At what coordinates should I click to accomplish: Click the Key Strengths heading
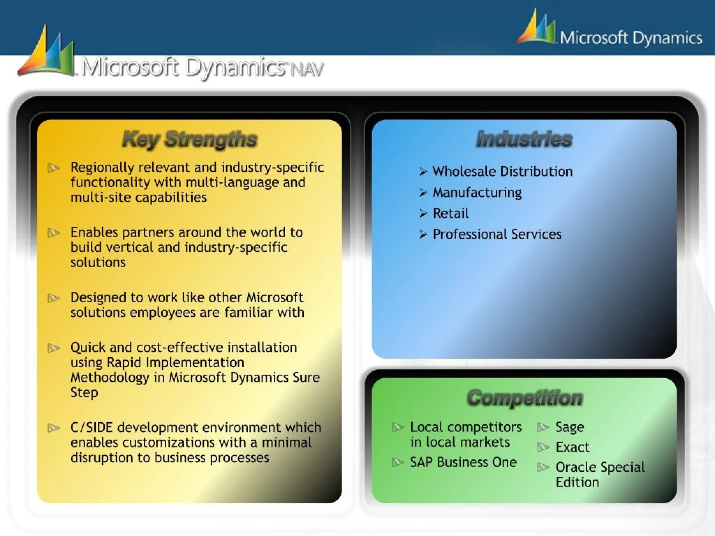pyautogui.click(x=190, y=140)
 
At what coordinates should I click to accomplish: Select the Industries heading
pyautogui.click(x=524, y=139)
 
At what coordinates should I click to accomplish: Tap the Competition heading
pyautogui.click(x=525, y=398)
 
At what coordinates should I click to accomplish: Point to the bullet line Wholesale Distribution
pyautogui.click(x=502, y=172)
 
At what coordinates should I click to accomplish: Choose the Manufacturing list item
pyautogui.click(x=477, y=193)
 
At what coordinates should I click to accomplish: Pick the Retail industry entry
pyautogui.click(x=451, y=214)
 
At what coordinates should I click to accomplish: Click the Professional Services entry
pyautogui.click(x=497, y=234)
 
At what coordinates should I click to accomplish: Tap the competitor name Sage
pyautogui.click(x=569, y=427)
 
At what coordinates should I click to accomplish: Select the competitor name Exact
pyautogui.click(x=572, y=447)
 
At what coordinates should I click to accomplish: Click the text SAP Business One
pyautogui.click(x=463, y=462)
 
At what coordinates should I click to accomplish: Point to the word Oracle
pyautogui.click(x=576, y=467)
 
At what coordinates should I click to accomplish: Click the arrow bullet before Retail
pyautogui.click(x=423, y=214)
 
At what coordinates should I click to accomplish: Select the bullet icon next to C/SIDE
pyautogui.click(x=53, y=428)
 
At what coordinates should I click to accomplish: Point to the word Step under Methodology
pyautogui.click(x=84, y=393)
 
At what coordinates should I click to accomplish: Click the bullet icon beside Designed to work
pyautogui.click(x=53, y=298)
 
